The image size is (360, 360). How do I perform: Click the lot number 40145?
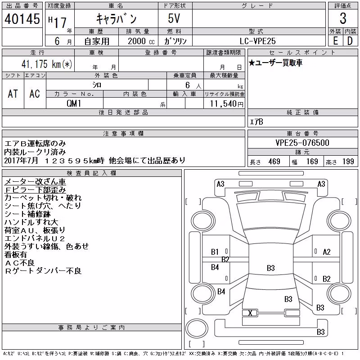22,19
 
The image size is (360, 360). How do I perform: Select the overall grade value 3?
343,18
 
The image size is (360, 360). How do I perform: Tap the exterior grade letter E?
335,41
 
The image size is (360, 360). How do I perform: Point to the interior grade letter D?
350,41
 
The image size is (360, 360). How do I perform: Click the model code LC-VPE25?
257,41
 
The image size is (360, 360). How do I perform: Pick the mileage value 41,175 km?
47,64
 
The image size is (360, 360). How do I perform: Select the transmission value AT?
13,94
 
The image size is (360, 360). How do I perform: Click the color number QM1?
74,103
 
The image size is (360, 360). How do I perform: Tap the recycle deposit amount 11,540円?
227,104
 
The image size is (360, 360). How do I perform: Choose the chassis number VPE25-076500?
302,143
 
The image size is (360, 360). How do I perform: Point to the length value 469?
274,162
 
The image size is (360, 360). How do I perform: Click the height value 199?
348,162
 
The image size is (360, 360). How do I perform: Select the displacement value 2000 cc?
141,41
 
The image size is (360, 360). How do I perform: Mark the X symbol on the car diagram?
250,313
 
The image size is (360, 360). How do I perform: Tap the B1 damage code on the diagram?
215,252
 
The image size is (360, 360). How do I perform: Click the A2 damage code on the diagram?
327,252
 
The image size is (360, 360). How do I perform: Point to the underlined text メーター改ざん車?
35,182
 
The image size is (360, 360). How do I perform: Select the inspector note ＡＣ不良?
19,263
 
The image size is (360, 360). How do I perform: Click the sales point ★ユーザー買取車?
275,63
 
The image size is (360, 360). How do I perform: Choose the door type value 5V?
174,18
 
